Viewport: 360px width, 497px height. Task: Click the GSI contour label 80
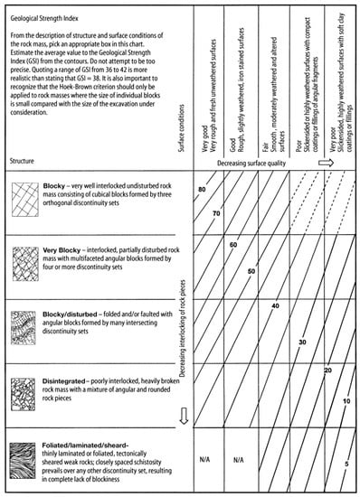tap(201, 188)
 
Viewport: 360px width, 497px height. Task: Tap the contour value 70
tap(217, 212)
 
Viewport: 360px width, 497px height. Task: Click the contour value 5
tap(346, 464)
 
